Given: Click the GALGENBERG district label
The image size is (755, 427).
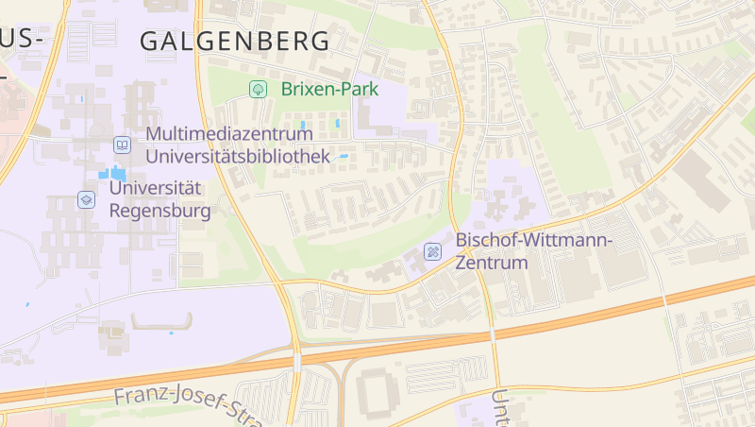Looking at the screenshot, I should (x=235, y=42).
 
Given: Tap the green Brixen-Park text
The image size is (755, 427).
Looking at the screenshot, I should (x=329, y=90).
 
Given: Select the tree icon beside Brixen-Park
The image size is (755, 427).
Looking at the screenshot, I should (x=256, y=90).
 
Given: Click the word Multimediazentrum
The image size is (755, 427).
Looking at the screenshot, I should (x=229, y=134).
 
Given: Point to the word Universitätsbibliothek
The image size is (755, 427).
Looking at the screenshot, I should (x=238, y=156).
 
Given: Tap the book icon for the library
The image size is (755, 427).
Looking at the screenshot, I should (x=122, y=145).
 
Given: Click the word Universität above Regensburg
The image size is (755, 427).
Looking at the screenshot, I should (x=157, y=188).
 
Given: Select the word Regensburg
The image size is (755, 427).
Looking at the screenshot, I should (x=160, y=210).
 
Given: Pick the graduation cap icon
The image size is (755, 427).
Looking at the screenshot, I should (x=86, y=199).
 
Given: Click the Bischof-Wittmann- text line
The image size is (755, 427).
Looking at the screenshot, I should (x=534, y=240).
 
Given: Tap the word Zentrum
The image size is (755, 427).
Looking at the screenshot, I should (x=491, y=263).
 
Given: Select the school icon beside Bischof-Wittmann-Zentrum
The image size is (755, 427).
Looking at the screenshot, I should (x=432, y=251).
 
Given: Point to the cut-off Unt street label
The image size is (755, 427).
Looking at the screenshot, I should (x=500, y=406).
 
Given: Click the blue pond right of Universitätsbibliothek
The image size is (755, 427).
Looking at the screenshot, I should (x=344, y=156).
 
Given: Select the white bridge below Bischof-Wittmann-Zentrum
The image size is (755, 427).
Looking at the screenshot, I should (x=493, y=334).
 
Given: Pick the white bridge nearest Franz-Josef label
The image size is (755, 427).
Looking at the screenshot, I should (x=297, y=362).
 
